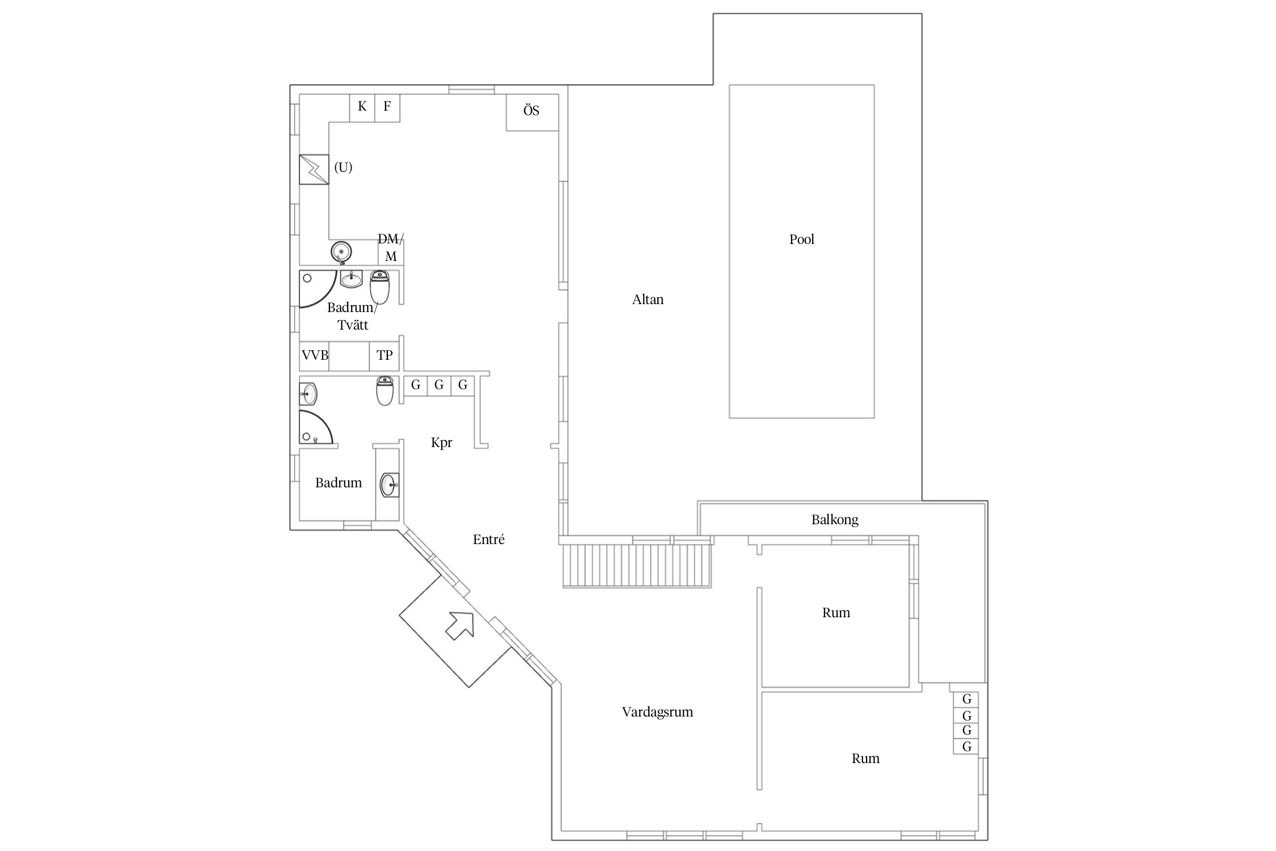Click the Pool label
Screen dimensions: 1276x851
[801, 239]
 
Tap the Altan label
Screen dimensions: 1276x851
[648, 300]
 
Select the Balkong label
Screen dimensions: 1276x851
[835, 520]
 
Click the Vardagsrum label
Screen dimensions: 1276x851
[657, 712]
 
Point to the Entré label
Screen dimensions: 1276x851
[489, 540]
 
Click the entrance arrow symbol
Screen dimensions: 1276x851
[459, 625]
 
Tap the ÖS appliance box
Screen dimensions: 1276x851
[532, 112]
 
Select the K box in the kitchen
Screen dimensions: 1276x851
[362, 108]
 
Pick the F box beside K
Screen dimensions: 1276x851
[387, 108]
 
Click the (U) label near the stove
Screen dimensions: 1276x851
[343, 167]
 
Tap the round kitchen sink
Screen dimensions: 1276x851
[341, 251]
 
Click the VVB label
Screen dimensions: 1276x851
[315, 355]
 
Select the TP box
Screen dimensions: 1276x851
[385, 356]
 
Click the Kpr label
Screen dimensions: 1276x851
[442, 443]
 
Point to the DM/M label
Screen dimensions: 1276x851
[391, 248]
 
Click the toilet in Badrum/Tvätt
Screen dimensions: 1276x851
[379, 288]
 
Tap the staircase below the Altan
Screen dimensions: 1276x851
[636, 566]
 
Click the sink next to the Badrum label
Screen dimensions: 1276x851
[390, 485]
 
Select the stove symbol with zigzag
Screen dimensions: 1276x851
[314, 169]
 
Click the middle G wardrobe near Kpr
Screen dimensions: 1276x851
[439, 385]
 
